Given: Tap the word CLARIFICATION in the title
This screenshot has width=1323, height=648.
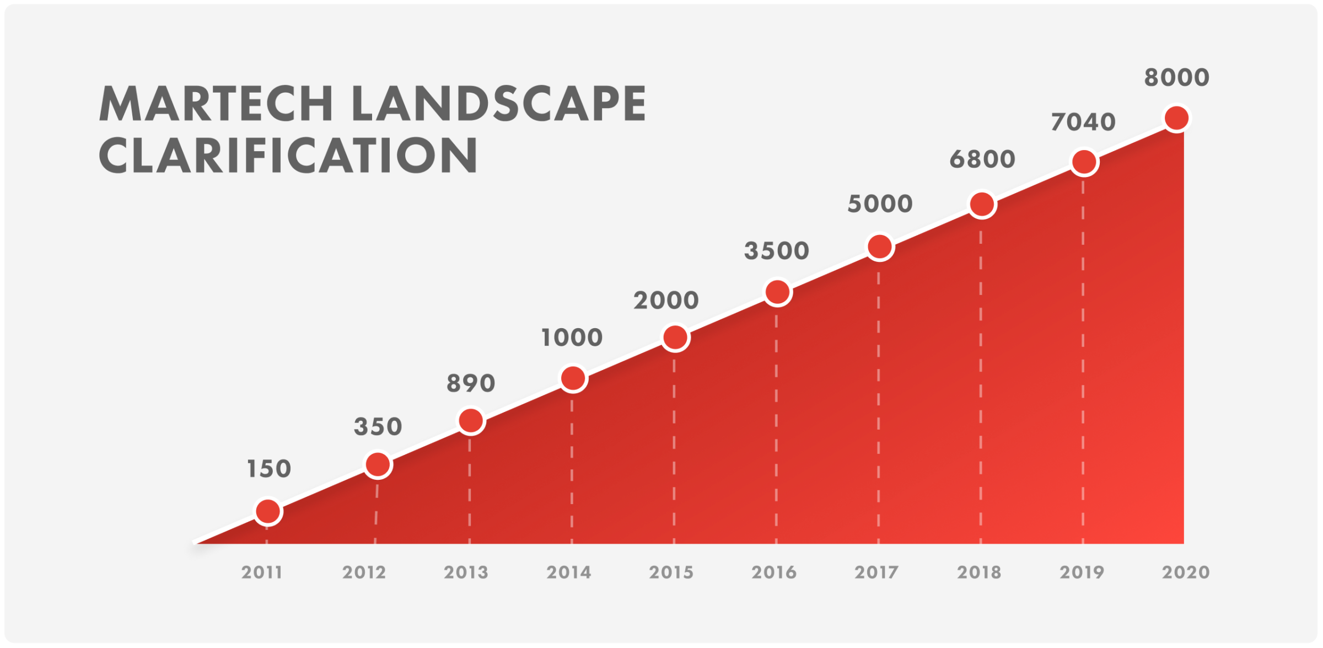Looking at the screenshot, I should (288, 156).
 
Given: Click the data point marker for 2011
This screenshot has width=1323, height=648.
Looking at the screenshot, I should (268, 511).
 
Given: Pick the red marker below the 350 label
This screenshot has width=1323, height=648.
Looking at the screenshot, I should (378, 464).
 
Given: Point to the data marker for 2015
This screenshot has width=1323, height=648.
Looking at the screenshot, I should (675, 337).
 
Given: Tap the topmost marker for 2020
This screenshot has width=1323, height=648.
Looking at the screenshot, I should (1176, 118).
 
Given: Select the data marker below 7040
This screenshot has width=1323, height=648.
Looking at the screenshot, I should (1084, 162).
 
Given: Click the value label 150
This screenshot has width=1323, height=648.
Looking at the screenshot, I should (269, 469).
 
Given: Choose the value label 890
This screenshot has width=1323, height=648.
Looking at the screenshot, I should (471, 383).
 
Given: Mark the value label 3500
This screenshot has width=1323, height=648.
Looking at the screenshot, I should (777, 251).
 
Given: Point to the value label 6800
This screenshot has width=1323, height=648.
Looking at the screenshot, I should (982, 159).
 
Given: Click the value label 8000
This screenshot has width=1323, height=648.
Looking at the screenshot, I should (1177, 78).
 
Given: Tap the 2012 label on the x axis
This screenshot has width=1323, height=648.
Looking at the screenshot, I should (364, 572).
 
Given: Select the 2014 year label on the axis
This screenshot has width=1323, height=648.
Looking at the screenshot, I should (569, 572).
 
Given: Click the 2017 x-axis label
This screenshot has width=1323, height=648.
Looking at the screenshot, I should (876, 572).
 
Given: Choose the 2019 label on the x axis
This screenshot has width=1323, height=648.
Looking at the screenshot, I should (1082, 572).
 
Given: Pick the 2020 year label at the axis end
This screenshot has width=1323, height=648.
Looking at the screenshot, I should (1186, 572).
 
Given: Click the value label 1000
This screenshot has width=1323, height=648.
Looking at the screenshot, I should (572, 338).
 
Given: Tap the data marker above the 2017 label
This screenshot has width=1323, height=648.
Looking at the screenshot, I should (880, 247).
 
